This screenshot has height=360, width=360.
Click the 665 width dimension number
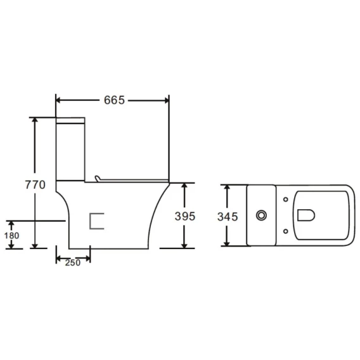114,100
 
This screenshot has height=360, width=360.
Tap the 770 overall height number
35,185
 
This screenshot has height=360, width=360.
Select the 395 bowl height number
185,216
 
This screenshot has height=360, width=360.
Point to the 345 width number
228,217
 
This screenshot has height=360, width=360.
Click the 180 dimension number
11,236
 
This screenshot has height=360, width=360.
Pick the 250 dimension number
72,262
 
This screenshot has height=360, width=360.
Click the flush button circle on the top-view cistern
261,215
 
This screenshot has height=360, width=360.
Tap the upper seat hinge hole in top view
286,199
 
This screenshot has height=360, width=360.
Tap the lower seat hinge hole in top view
286,231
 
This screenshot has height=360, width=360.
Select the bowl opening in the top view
298,215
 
